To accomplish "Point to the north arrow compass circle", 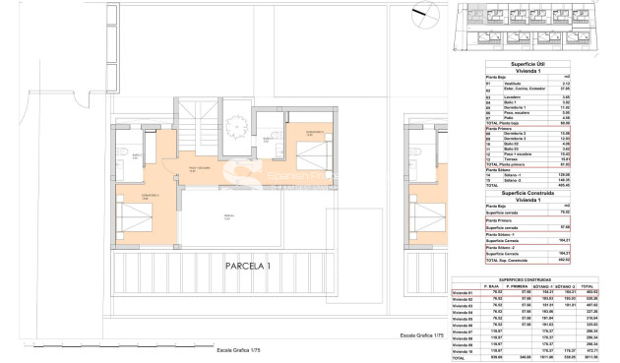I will point(431,18).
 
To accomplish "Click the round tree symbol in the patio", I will point(238,125).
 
